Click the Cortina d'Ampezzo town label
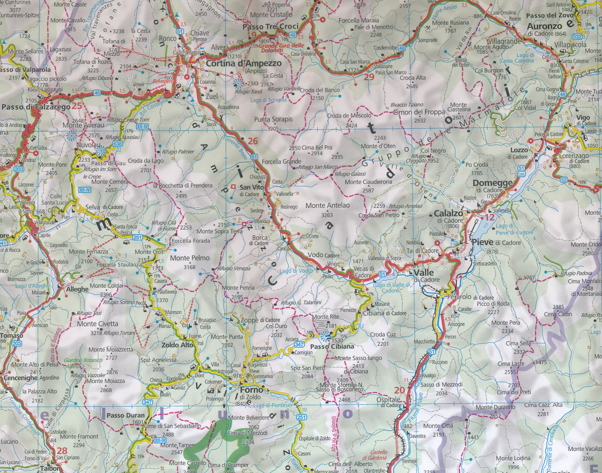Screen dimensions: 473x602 244,63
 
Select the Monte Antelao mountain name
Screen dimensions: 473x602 328,206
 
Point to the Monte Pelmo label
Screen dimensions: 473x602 190,258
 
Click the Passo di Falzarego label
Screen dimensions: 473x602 36,107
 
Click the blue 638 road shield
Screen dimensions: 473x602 117,143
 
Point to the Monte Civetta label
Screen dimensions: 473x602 97,324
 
